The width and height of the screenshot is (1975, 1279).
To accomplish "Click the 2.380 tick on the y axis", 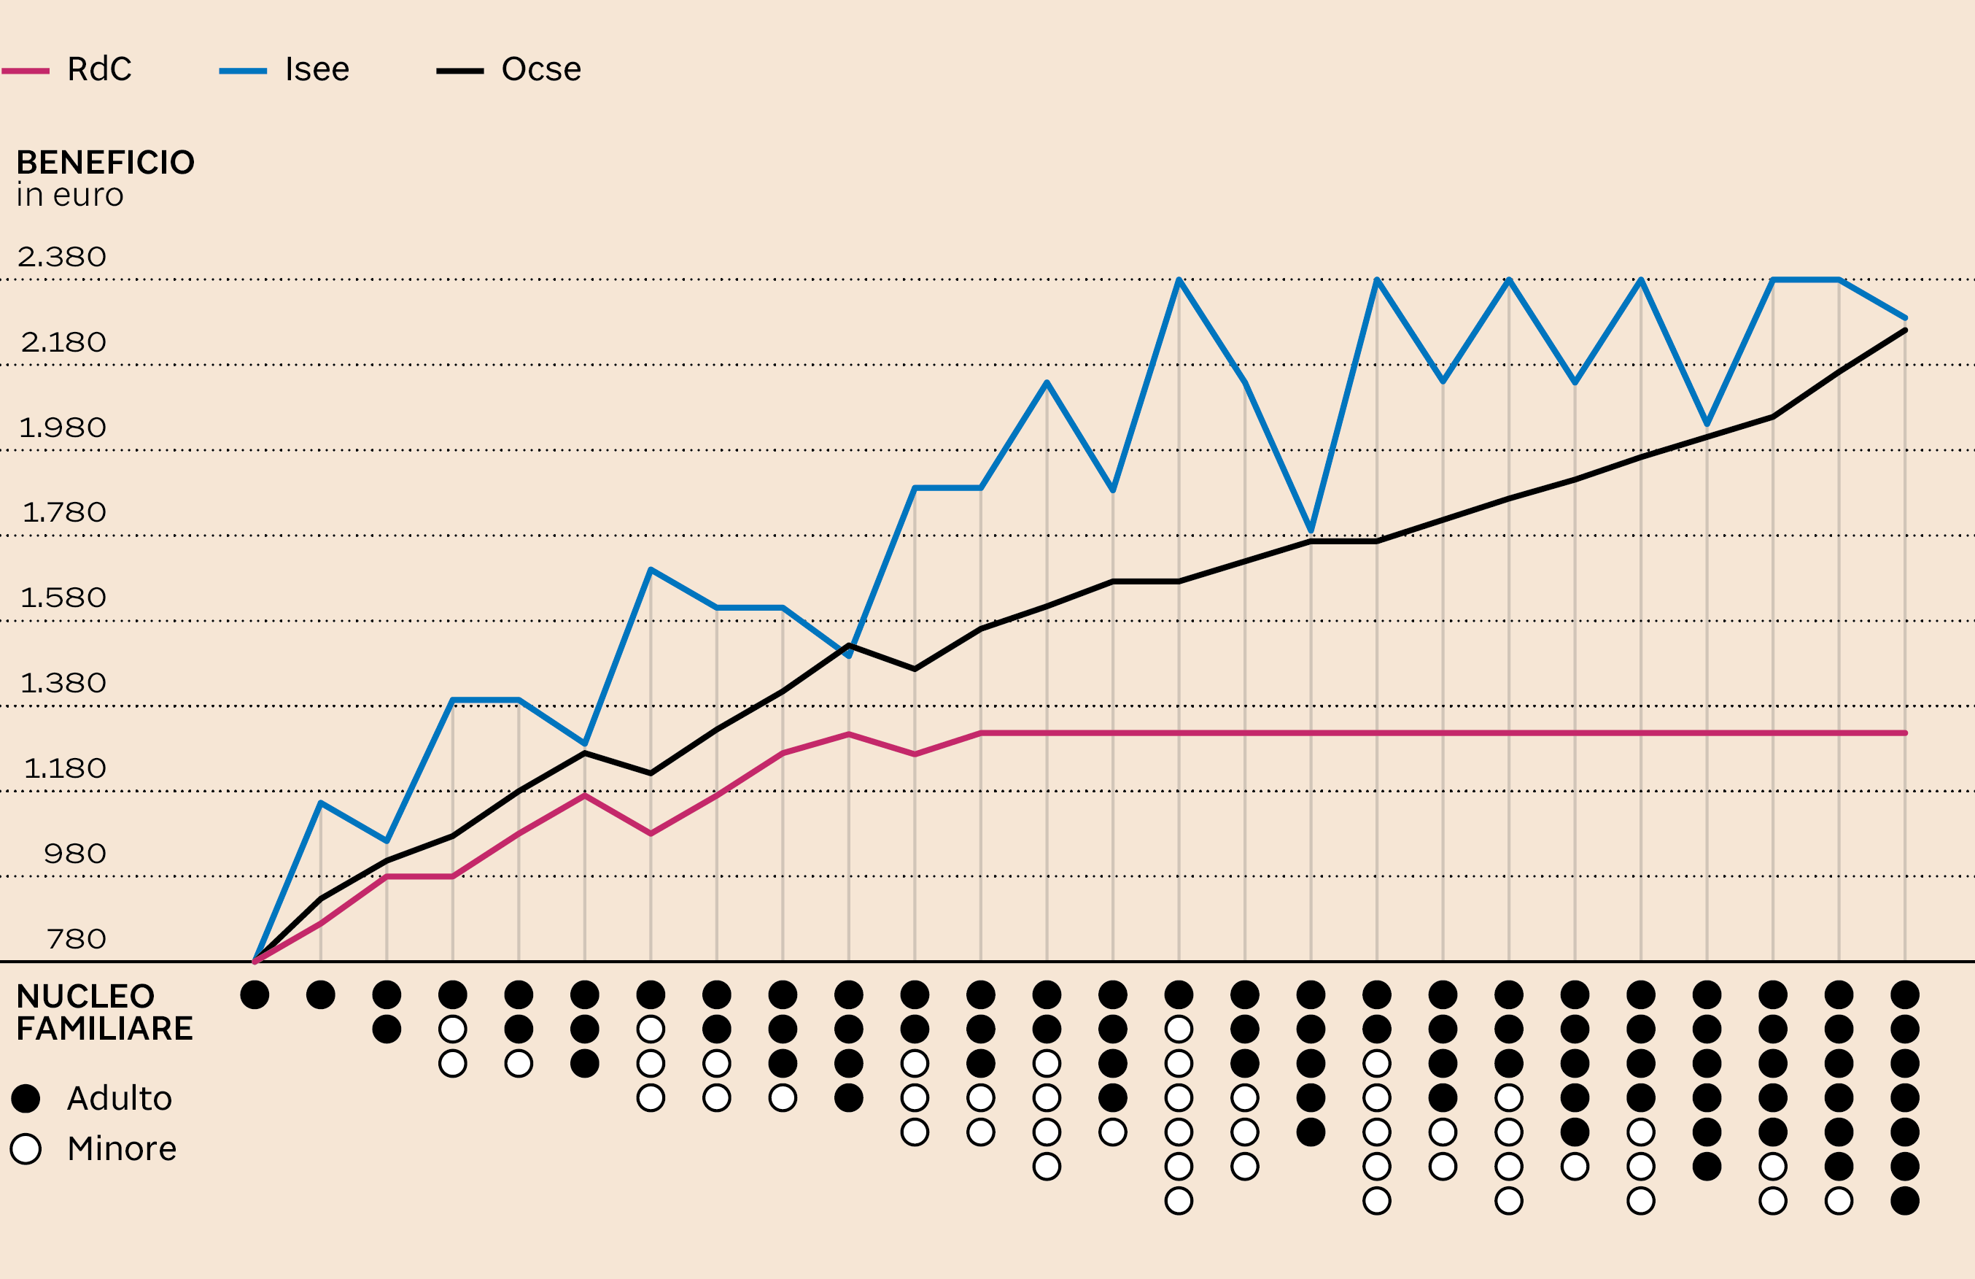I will click(x=62, y=257).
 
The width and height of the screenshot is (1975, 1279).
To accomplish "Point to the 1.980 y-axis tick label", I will click(x=62, y=428).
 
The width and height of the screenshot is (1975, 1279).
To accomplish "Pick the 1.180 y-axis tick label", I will click(x=65, y=768).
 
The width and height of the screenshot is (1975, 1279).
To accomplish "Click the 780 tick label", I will click(x=77, y=939).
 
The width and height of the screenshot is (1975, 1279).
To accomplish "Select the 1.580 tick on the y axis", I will click(x=63, y=598).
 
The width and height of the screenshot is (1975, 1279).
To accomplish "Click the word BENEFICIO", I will click(x=106, y=163).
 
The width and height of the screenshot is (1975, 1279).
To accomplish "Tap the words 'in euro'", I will click(x=70, y=195).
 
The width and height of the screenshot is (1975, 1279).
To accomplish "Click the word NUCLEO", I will click(x=85, y=996).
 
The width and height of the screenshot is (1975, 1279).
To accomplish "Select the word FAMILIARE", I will click(x=104, y=1029).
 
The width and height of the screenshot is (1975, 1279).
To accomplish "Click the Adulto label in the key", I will click(x=120, y=1098).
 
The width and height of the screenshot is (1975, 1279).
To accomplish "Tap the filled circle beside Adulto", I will click(x=26, y=1098).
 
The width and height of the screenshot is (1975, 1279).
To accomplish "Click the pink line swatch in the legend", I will click(x=26, y=71).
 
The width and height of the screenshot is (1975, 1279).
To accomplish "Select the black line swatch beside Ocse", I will click(x=459, y=71).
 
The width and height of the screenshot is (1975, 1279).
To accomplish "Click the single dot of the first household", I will click(x=255, y=994).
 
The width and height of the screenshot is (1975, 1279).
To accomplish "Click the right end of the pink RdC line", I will click(x=1905, y=733).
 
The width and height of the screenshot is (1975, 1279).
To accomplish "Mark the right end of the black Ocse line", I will click(x=1905, y=331).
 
